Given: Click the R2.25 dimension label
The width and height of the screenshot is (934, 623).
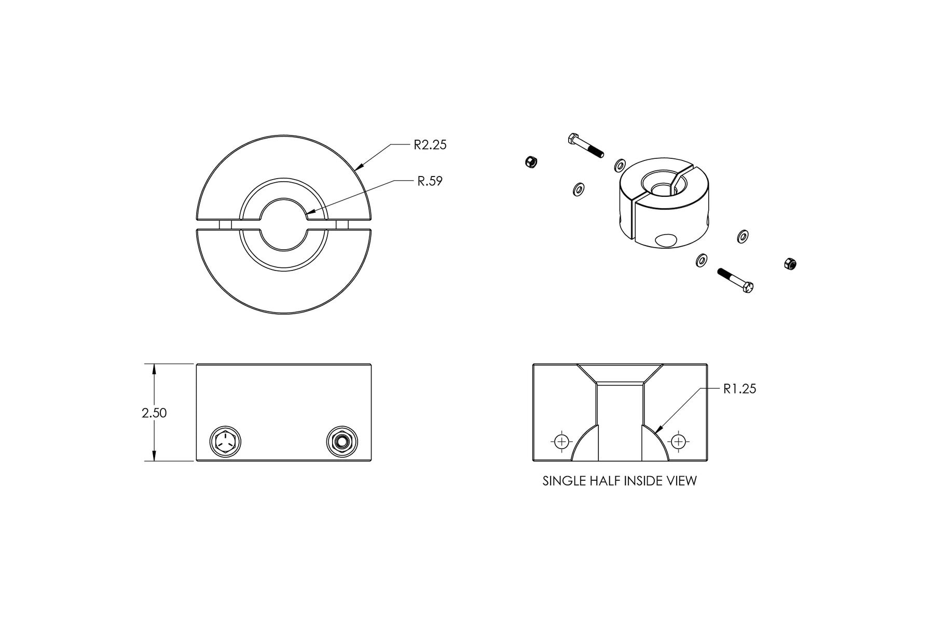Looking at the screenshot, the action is click(430, 145).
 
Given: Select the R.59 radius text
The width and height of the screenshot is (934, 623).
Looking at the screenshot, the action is click(430, 181).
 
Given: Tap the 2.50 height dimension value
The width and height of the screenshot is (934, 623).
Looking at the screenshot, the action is click(154, 413).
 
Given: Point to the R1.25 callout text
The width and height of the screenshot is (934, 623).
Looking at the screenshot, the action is click(739, 388).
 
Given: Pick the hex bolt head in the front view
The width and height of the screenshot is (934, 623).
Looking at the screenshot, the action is click(225, 442).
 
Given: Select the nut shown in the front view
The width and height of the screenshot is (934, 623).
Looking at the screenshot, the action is click(341, 442).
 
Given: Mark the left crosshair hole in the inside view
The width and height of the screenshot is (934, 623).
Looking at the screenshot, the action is click(561, 442).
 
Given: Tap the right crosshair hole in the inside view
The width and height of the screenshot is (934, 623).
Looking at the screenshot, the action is click(678, 442).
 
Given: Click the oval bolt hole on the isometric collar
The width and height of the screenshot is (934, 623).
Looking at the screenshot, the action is click(666, 240).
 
